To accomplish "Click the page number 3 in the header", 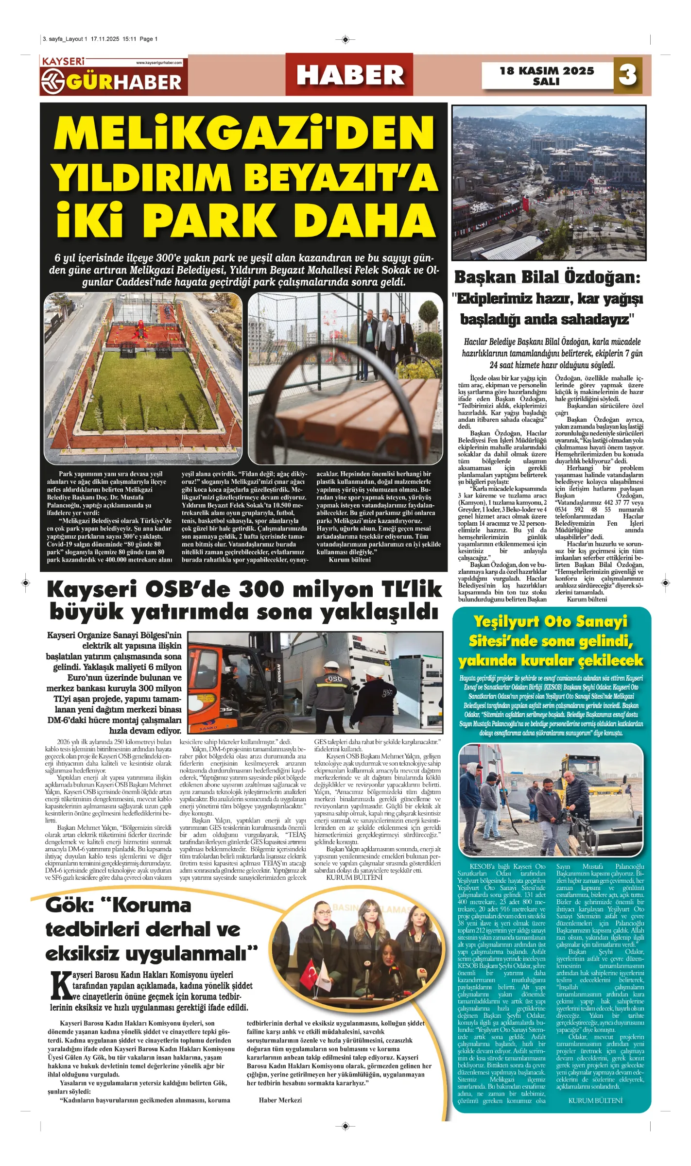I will tap(627, 75).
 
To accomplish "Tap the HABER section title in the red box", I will tap(350, 75).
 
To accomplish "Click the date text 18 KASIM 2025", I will tap(547, 71).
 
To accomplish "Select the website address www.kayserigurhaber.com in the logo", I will tap(159, 63).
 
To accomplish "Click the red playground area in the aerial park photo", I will tap(141, 335).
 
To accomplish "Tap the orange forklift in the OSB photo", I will tap(228, 680).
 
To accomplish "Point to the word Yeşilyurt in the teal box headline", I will tap(506, 622).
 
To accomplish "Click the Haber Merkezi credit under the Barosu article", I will tap(280, 1100).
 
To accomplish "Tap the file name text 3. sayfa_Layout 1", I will tap(65, 39).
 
